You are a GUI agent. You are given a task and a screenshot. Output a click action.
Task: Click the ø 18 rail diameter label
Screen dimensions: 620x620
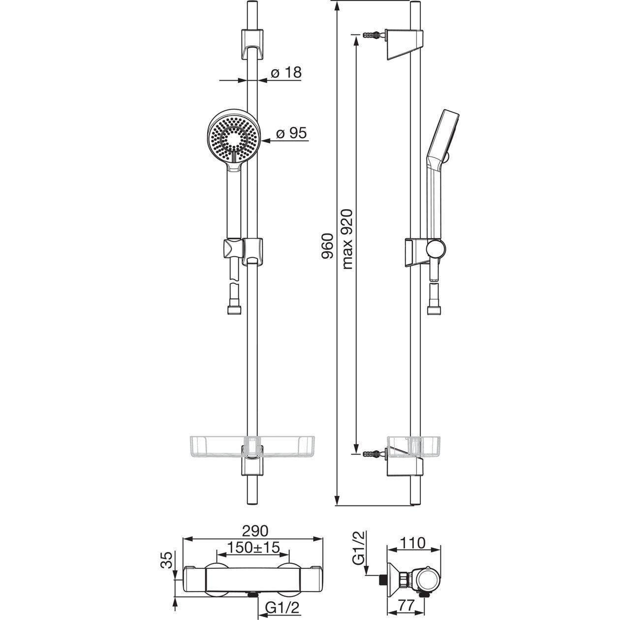286,73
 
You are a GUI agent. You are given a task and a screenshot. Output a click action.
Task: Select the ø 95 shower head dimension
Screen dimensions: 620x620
291,132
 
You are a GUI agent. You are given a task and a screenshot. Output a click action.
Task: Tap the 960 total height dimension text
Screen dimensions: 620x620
328,247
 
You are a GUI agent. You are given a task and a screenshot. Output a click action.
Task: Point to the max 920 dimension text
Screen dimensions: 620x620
347,239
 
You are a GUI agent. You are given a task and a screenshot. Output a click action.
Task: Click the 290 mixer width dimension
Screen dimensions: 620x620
255,531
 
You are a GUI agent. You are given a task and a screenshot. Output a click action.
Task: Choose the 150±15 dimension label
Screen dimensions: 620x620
253,547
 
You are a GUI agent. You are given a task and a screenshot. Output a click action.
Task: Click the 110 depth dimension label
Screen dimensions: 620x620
413,543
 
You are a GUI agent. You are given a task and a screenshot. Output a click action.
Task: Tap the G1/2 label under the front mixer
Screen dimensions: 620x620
282,606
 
